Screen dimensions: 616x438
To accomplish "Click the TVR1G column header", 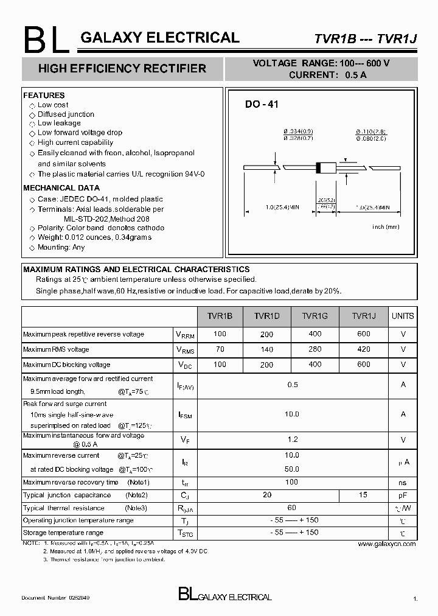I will tap(315, 316).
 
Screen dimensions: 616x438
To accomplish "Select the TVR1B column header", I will tap(220, 316).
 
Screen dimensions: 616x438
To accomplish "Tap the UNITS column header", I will tap(403, 316).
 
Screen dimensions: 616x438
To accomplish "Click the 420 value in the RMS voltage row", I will tap(363, 349).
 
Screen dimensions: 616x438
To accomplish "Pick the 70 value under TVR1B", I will tap(220, 349).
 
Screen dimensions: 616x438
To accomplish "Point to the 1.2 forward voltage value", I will tap(292, 439).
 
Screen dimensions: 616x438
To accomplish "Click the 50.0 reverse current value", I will tap(292, 469).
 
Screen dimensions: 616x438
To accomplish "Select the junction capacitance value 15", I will tap(363, 495).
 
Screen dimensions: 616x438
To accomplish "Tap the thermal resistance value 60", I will tap(292, 507).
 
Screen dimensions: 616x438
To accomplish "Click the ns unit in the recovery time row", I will tap(403, 482).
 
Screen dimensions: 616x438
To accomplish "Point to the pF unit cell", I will tap(403, 495).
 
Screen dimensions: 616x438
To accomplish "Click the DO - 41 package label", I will tap(262, 105).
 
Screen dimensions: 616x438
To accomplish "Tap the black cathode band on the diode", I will tap(318, 169).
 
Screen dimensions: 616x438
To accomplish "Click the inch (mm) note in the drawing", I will tap(386, 226).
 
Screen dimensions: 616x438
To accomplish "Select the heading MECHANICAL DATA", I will tap(61, 188).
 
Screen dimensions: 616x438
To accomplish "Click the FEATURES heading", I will tap(44, 96).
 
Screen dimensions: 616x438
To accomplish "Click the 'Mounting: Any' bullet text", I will tap(61, 247).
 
